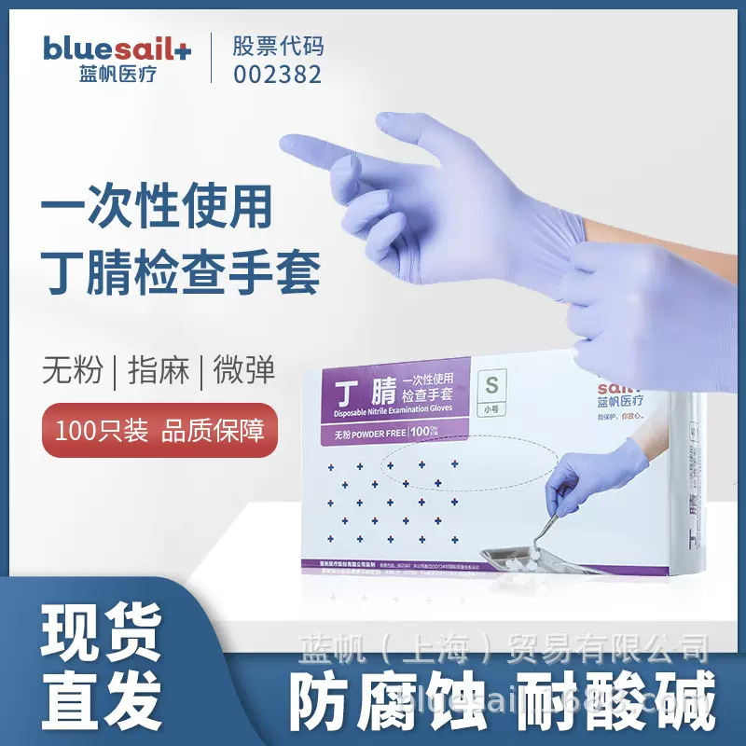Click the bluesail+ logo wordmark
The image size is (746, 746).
pyautogui.click(x=117, y=48)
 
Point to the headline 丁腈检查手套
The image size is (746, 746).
pyautogui.click(x=181, y=271)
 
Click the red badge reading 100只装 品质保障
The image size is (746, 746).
pyautogui.click(x=159, y=430)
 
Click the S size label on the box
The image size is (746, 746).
pyautogui.click(x=485, y=382)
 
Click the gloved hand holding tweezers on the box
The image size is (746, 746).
pyautogui.click(x=581, y=485)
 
